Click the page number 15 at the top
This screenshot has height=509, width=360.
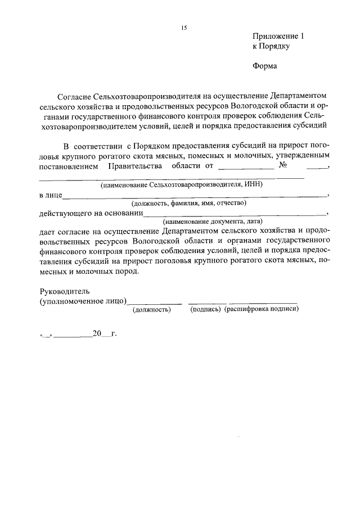pyautogui.click(x=183, y=28)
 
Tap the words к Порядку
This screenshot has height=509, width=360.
pyautogui.click(x=271, y=47)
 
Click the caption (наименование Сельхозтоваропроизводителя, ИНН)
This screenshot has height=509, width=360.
pyautogui.click(x=182, y=185)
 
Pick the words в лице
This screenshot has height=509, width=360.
pyautogui.click(x=50, y=195)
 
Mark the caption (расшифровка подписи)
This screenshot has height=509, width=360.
pyautogui.click(x=261, y=309)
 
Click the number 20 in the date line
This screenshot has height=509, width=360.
pyautogui.click(x=97, y=334)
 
